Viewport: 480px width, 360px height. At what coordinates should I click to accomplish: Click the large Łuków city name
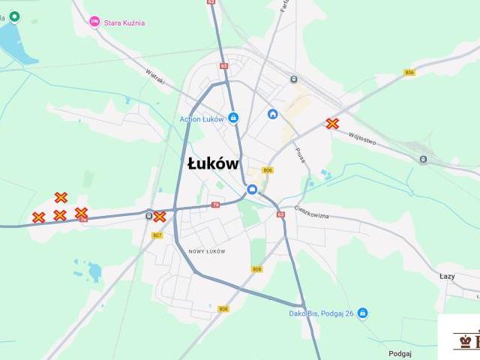(x=213, y=164)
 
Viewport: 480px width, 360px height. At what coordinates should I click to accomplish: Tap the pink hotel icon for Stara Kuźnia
(x=94, y=22)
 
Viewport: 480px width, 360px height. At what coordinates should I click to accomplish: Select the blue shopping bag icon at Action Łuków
(x=233, y=118)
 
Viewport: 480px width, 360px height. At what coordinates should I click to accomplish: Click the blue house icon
(x=273, y=114)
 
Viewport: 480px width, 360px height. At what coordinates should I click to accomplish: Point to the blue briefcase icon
(x=253, y=190)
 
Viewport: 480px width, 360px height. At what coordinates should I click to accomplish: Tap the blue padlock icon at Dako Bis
(x=363, y=313)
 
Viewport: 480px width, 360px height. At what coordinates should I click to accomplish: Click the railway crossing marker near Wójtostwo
(x=332, y=124)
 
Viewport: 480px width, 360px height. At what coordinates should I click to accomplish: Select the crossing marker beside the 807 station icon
(x=160, y=217)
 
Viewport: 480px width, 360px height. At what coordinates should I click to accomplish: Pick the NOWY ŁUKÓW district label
(x=207, y=251)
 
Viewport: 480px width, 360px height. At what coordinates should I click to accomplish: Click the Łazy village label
(x=447, y=276)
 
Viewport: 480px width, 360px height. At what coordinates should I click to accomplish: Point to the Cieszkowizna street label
(x=311, y=212)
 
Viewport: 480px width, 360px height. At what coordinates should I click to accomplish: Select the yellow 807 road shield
(x=157, y=235)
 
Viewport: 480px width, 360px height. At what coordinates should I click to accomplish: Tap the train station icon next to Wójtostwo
(x=424, y=159)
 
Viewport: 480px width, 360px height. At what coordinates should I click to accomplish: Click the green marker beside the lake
(x=14, y=16)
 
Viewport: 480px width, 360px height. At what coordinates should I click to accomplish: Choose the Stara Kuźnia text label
(x=124, y=22)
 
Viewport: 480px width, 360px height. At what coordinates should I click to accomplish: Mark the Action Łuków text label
(x=202, y=118)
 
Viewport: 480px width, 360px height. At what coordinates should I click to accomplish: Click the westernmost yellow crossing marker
(x=38, y=217)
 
